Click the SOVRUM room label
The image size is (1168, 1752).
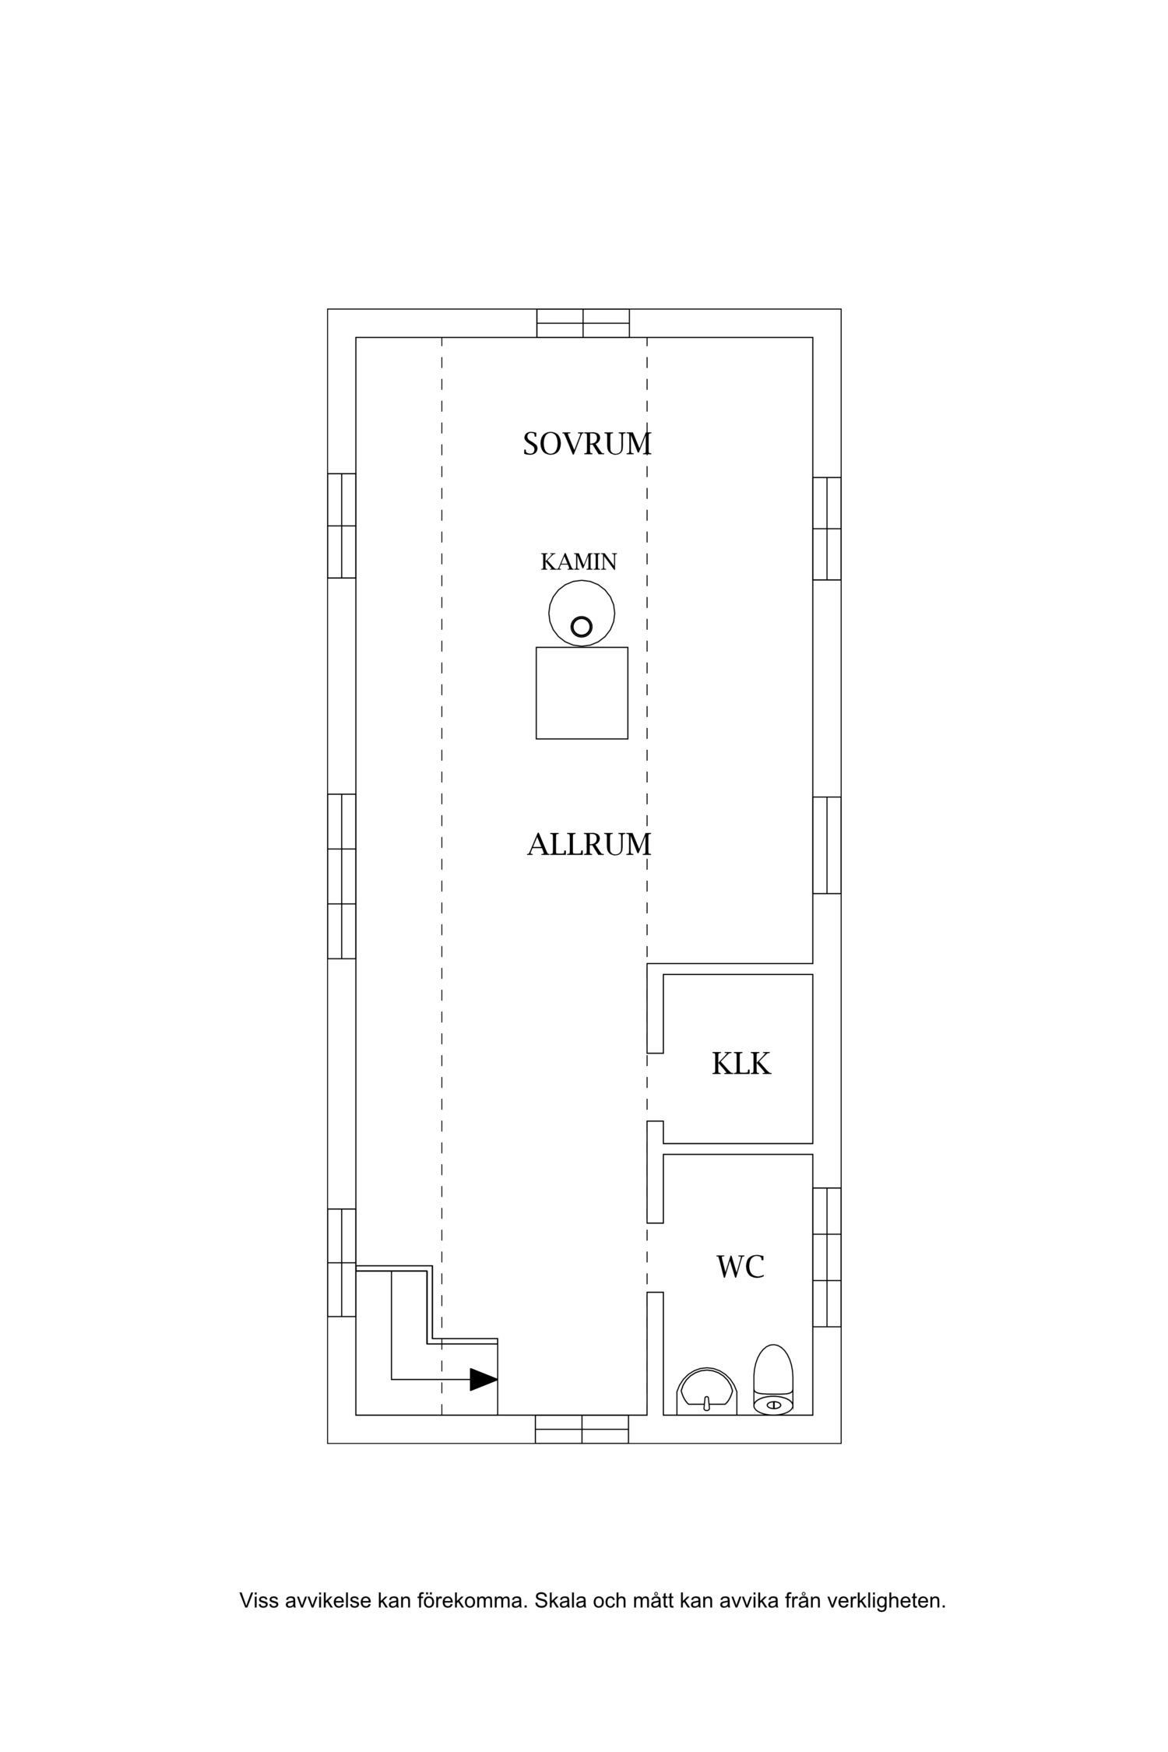point(587,444)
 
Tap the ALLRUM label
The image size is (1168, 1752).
point(589,845)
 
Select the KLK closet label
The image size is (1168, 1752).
point(741,1064)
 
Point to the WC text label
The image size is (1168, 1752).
point(741,1267)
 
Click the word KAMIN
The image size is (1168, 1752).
point(579,561)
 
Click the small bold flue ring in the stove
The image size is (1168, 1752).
point(582,626)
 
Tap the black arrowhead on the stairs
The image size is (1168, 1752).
point(484,1380)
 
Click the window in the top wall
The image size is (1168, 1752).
point(583,323)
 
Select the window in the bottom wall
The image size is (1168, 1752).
point(582,1429)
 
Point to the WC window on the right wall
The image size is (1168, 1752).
point(827,1258)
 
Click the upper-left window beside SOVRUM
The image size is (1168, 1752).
point(341,526)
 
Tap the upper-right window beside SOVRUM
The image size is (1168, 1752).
point(827,529)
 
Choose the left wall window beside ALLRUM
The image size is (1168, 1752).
point(341,876)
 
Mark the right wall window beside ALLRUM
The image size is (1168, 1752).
point(827,845)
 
